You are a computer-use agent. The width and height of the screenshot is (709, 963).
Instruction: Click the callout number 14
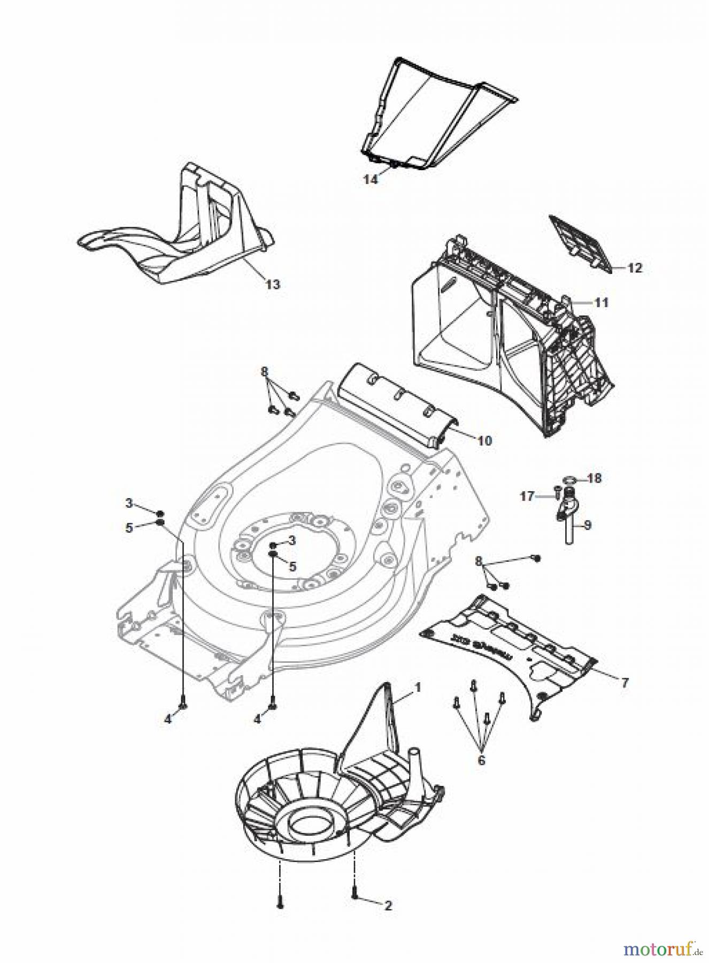(371, 179)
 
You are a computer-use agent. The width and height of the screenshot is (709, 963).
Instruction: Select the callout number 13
(273, 284)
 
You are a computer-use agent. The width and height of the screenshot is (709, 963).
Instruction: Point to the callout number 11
(602, 303)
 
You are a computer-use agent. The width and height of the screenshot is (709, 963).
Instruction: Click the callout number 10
(484, 441)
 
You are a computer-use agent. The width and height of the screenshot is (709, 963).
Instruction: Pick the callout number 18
(594, 478)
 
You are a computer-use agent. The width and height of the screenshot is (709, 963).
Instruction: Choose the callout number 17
(527, 496)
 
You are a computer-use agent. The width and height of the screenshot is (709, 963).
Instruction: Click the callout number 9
(587, 525)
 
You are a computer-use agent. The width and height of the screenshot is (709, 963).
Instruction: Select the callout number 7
(625, 683)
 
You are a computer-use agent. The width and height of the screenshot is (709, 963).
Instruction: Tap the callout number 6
(481, 760)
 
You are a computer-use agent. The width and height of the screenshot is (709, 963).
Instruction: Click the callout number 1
(418, 686)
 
